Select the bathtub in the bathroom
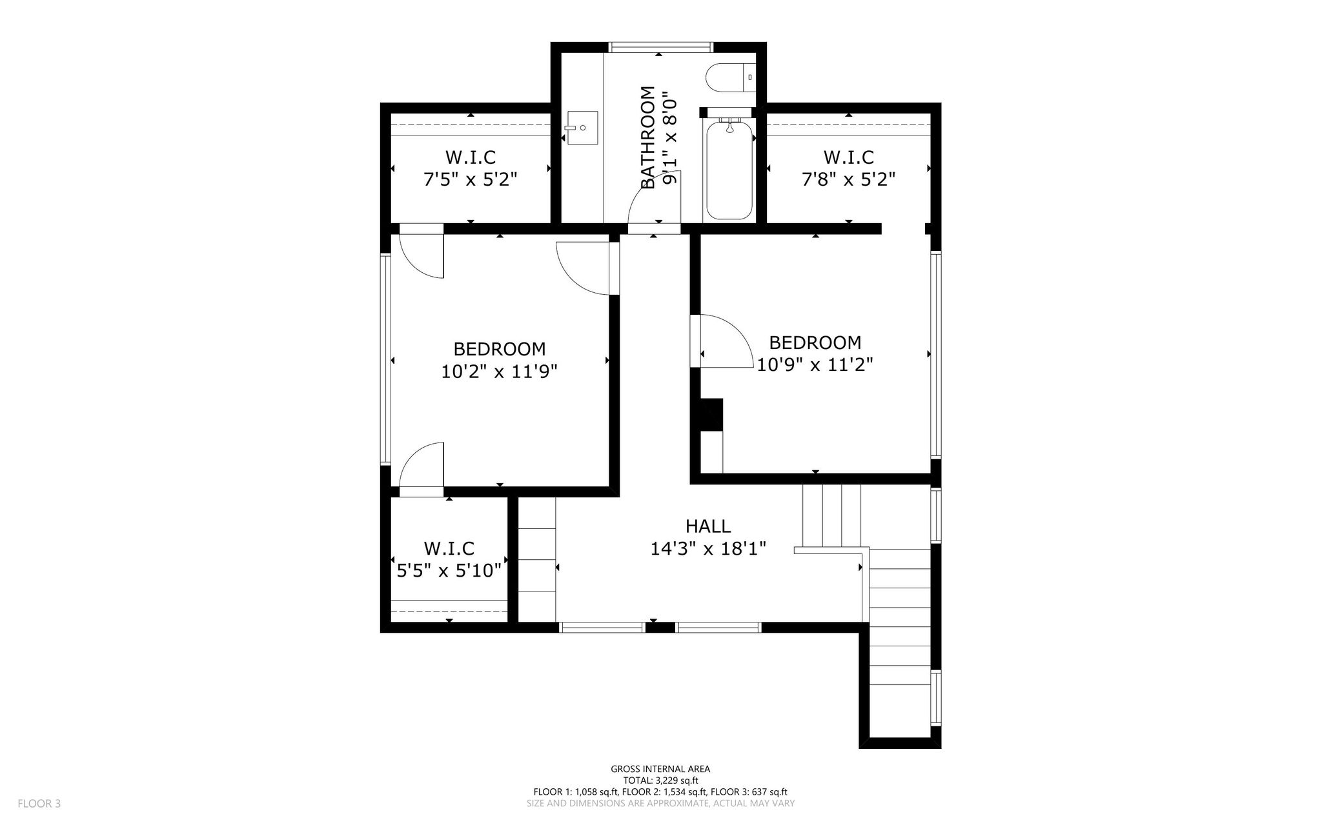(729, 170)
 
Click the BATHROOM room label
(649, 137)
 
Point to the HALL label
(708, 526)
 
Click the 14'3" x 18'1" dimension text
(708, 549)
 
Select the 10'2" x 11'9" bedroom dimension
(499, 372)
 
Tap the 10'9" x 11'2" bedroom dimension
(815, 365)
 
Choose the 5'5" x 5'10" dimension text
(449, 571)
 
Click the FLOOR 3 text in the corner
(39, 804)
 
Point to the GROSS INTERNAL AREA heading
(660, 769)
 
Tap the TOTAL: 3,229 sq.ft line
(660, 780)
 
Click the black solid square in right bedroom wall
(711, 414)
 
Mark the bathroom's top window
(661, 47)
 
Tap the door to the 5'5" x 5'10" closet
(422, 470)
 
